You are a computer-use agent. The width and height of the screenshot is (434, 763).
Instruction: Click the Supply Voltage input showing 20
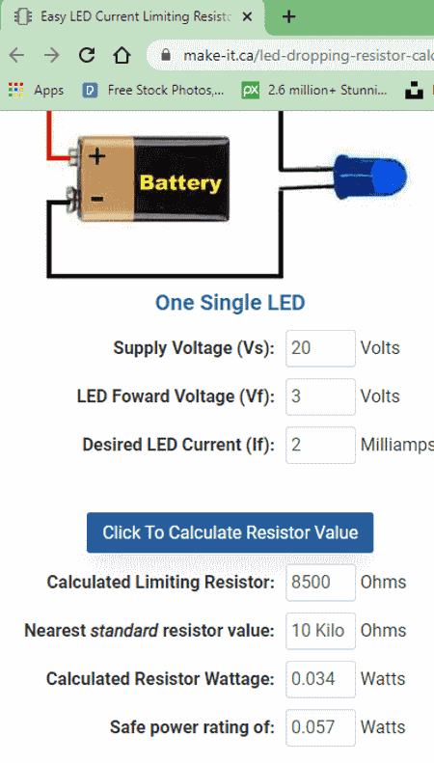coord(320,348)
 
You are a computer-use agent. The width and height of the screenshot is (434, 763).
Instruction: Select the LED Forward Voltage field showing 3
coord(320,396)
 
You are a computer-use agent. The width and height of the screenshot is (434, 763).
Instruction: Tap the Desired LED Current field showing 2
coord(320,445)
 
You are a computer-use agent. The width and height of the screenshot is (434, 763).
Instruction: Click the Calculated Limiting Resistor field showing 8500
coord(320,582)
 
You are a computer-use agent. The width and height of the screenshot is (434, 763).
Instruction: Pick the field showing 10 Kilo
coord(320,631)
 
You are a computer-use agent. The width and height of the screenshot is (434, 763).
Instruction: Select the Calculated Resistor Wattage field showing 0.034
coord(320,679)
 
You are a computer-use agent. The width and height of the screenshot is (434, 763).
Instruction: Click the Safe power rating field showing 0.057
coord(320,727)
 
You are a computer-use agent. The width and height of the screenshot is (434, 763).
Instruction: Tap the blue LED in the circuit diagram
coord(369,177)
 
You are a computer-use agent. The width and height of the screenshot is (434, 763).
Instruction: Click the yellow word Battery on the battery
coord(180,183)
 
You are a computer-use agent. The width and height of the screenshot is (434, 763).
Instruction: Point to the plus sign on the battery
coord(97,156)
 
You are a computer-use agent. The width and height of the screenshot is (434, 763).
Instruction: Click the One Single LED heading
coord(230,302)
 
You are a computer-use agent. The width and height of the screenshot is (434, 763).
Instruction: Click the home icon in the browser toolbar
coord(122,56)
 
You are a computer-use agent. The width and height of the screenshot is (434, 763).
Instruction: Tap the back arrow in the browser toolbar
coord(16,56)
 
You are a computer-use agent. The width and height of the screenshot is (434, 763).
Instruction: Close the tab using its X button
coord(247,17)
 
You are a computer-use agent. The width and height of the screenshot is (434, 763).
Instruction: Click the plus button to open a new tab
coord(289,17)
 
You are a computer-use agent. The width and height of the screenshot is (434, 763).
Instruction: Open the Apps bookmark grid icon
coord(16,90)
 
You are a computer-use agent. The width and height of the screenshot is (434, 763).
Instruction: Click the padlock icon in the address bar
coord(166,55)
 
